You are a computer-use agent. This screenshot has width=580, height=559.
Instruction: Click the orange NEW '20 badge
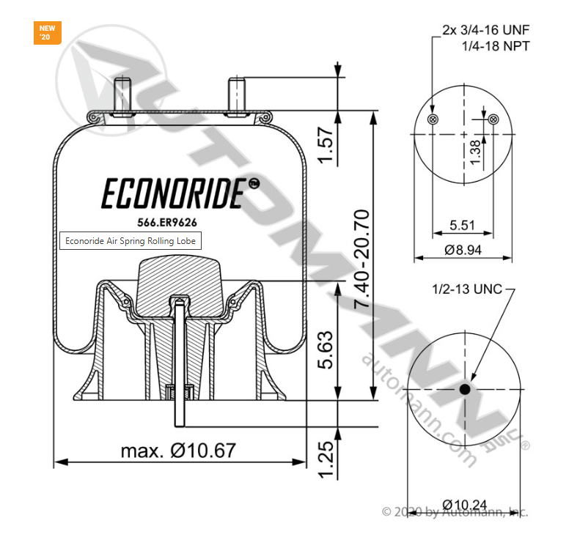point(47,33)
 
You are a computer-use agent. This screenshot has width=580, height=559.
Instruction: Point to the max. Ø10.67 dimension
point(178,450)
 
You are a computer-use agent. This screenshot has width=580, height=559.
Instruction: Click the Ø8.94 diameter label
point(463,250)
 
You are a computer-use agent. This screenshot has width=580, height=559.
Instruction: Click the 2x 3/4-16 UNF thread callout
point(485,30)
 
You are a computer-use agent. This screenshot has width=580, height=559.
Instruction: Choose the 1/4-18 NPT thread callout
point(496,45)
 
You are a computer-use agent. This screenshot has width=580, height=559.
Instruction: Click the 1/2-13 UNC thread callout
point(466,289)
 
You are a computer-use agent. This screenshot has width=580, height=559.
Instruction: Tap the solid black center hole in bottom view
point(465,390)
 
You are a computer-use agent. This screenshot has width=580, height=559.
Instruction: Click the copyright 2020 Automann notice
point(455,511)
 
